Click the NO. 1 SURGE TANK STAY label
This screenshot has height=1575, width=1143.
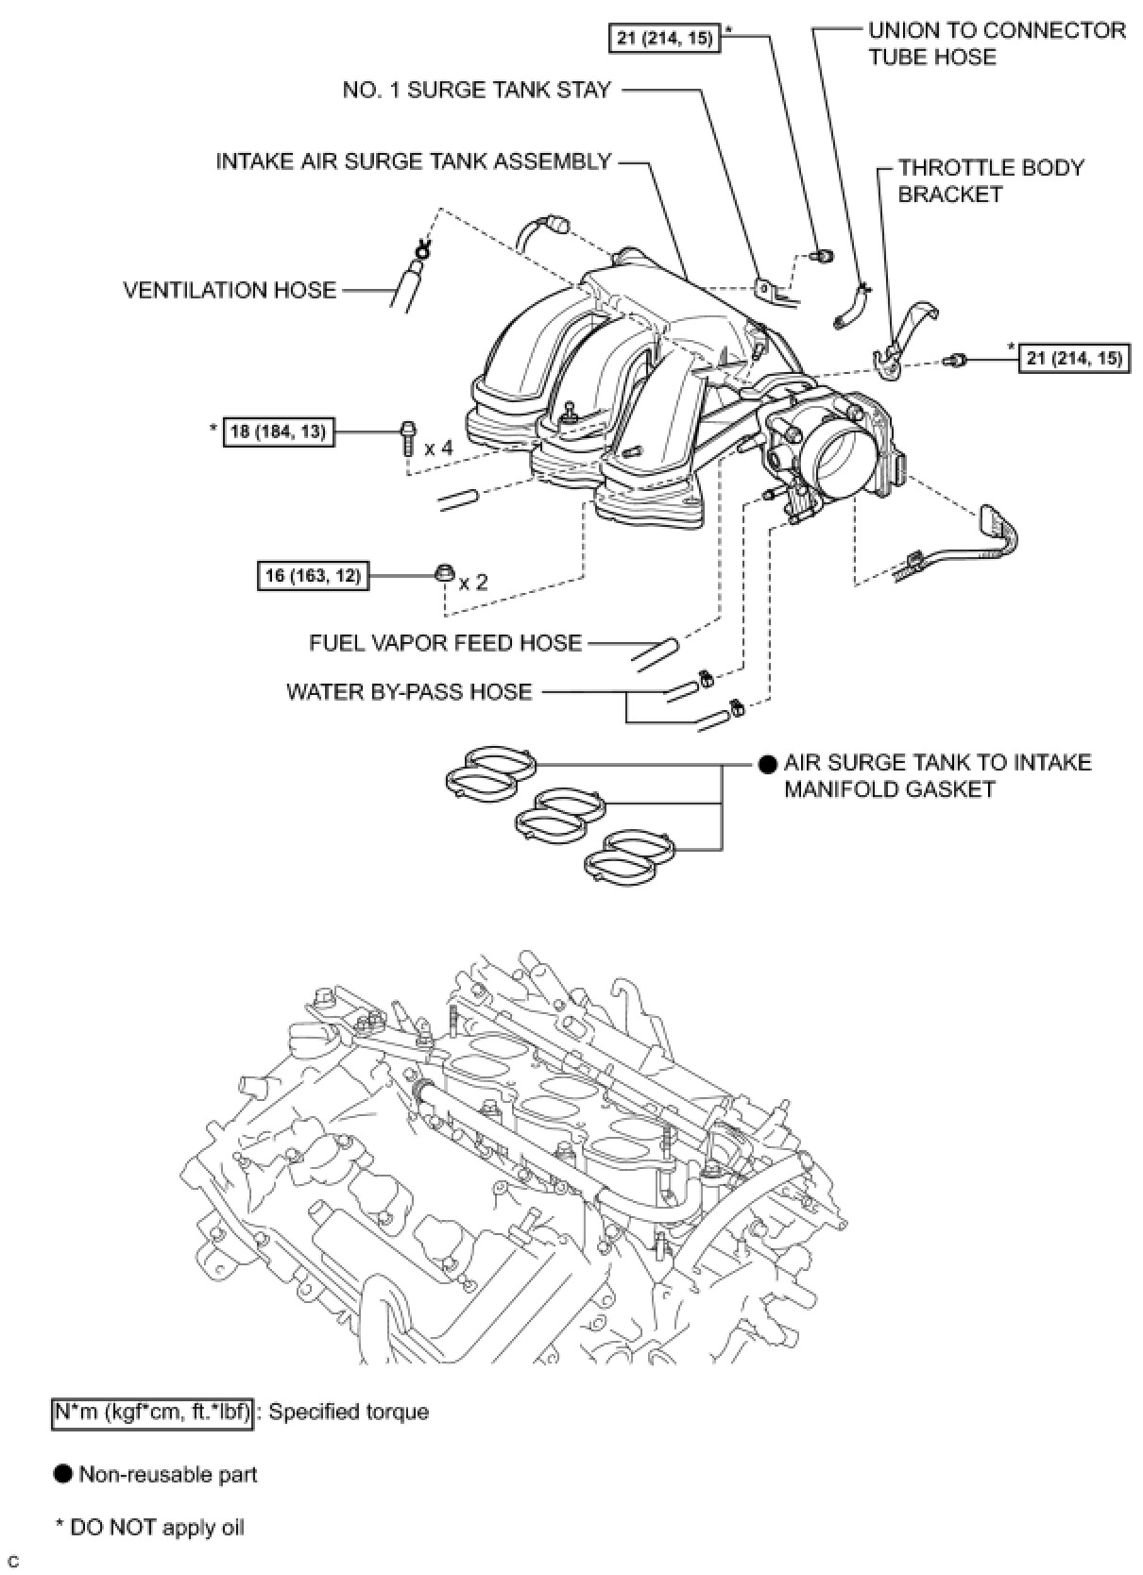(476, 90)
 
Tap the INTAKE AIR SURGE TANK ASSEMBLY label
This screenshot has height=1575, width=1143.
(414, 161)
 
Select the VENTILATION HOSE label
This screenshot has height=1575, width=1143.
(230, 290)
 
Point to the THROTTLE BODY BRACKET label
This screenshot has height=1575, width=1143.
(990, 180)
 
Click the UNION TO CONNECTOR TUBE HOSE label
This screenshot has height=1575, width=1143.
(996, 43)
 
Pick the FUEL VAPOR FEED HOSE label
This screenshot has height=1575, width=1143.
(445, 643)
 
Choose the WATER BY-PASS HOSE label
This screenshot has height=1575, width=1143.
(409, 692)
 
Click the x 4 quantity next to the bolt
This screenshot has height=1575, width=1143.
(438, 447)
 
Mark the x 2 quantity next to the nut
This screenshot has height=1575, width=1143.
(473, 582)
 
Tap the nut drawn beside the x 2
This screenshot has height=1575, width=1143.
(445, 572)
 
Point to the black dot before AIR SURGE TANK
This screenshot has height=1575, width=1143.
(768, 763)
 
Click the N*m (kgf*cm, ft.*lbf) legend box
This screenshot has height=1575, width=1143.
(152, 1413)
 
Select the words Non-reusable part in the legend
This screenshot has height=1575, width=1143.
(168, 1474)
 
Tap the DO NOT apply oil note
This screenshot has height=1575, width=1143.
(156, 1527)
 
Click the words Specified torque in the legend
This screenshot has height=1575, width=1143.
(349, 1413)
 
